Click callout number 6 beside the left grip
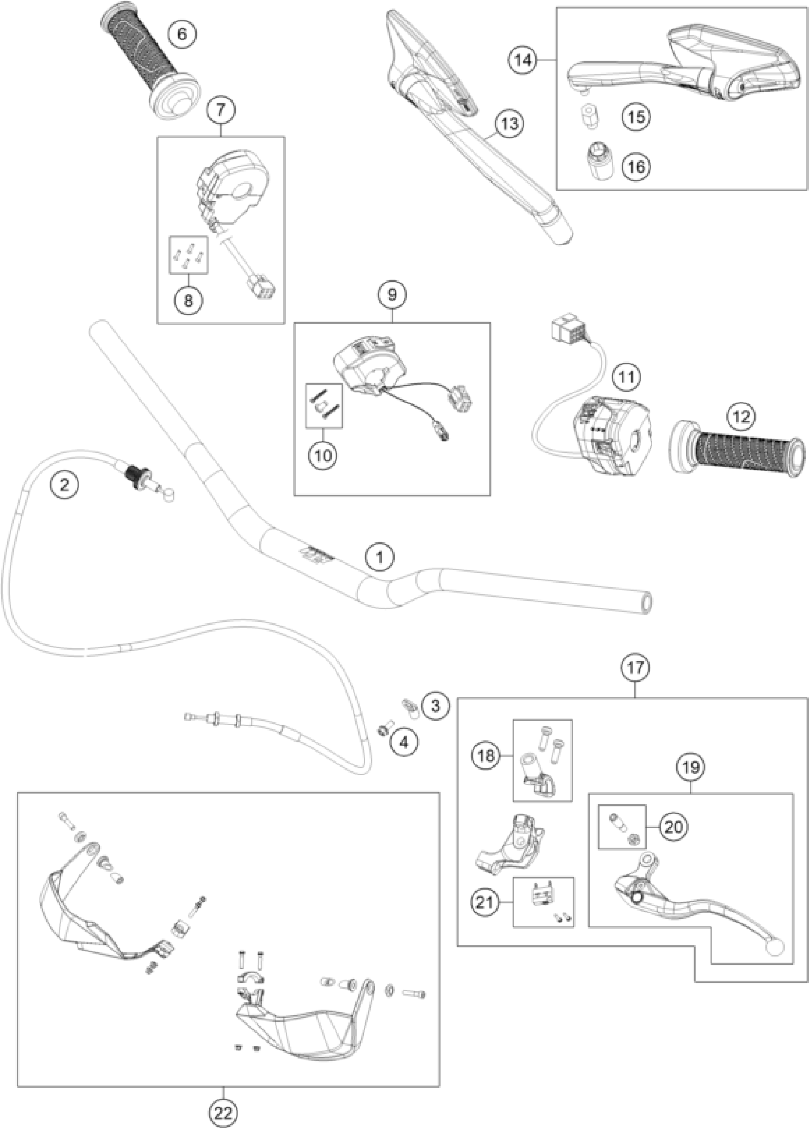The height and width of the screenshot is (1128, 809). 182,35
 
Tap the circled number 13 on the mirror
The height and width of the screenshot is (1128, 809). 510,123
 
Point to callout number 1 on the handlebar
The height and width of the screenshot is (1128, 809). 380,558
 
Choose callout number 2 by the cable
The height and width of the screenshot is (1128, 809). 65,484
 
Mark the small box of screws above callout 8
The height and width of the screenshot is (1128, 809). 189,255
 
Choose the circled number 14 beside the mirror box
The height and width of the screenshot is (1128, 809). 523,59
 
